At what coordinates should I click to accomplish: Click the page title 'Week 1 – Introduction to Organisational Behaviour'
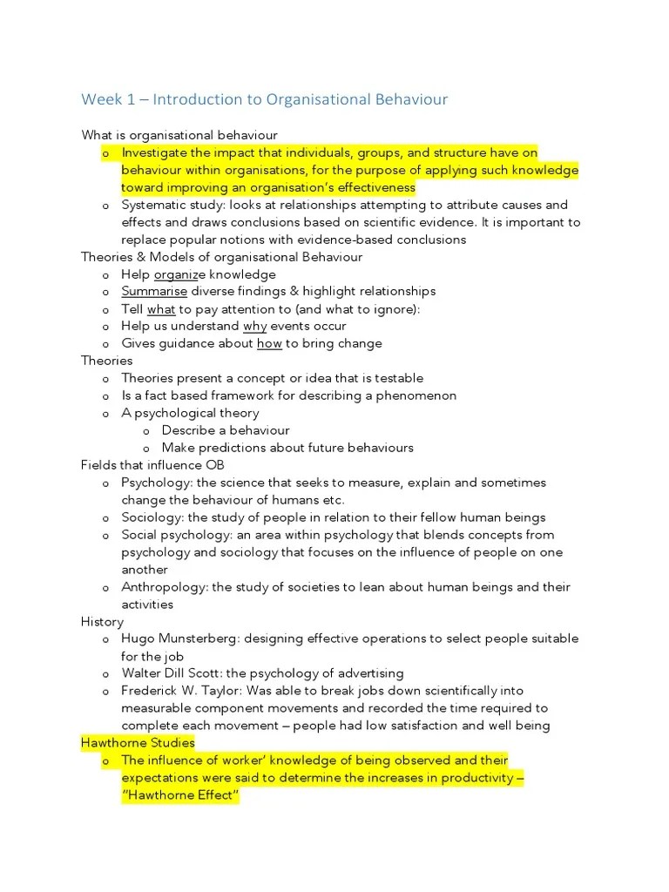tap(265, 99)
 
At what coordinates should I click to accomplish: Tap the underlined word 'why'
tap(254, 327)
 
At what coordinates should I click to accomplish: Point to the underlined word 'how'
tap(269, 344)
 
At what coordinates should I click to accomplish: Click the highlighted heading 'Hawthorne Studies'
tap(138, 743)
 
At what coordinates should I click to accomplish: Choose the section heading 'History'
tap(102, 622)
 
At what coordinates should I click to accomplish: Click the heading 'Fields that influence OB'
tap(152, 465)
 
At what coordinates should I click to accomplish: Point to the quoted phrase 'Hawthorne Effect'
tap(180, 795)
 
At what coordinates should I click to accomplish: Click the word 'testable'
tap(396, 378)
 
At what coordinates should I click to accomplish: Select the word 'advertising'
tap(369, 673)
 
